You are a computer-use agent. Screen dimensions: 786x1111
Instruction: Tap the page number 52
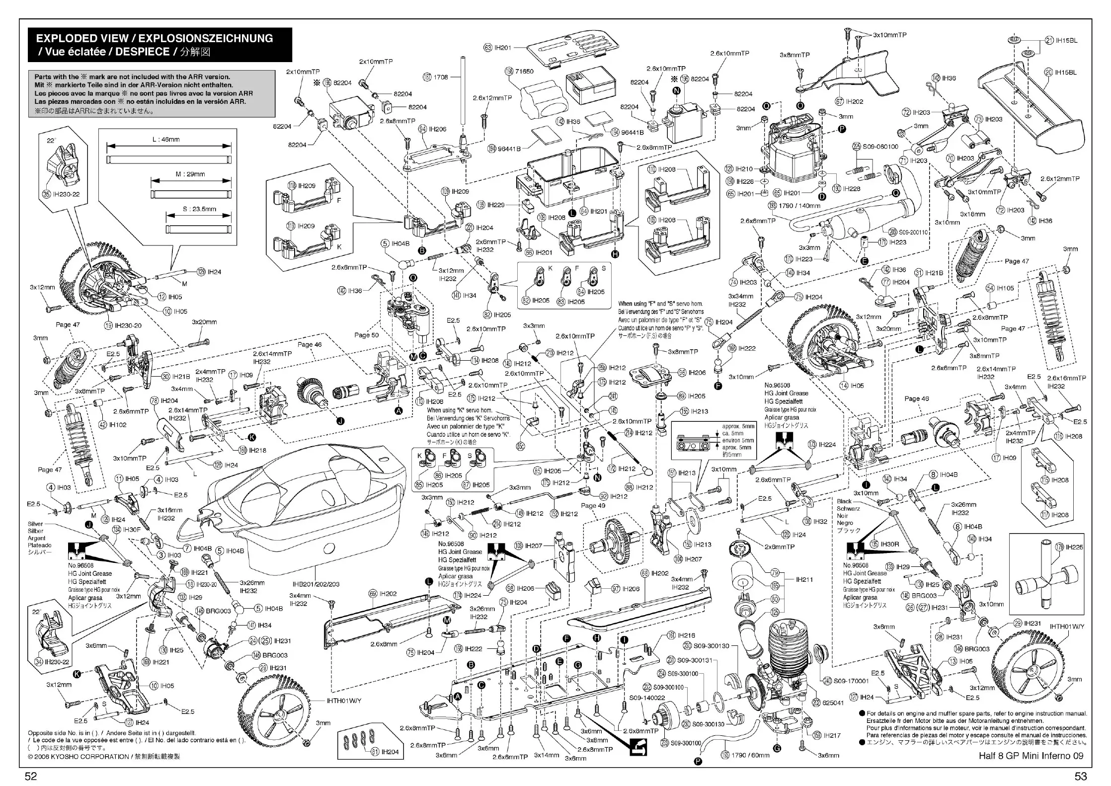(31, 776)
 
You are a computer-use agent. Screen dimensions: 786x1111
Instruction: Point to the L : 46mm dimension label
(166, 140)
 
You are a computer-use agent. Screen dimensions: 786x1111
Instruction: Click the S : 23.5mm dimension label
(199, 209)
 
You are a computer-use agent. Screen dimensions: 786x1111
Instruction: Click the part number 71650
(524, 71)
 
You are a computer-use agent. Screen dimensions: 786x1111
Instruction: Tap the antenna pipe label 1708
(441, 77)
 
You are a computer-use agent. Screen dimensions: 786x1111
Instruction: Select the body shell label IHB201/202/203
(316, 584)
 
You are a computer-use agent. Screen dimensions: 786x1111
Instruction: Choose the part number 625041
(833, 703)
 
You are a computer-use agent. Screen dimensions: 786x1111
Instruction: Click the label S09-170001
(851, 681)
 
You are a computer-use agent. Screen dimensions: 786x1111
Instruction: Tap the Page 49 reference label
(593, 505)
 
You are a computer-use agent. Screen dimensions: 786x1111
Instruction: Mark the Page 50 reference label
(366, 335)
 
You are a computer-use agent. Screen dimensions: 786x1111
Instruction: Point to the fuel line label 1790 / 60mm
(750, 755)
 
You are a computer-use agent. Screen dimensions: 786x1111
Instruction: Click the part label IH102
(118, 425)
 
